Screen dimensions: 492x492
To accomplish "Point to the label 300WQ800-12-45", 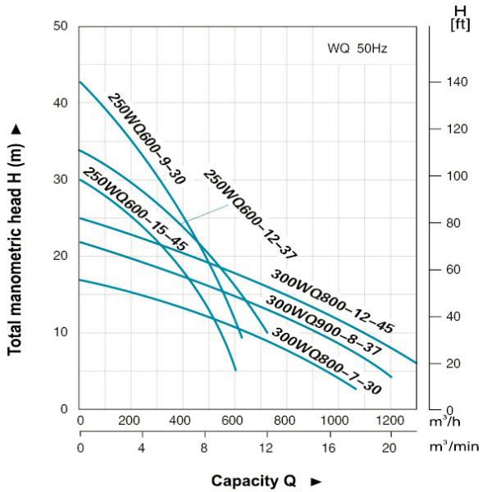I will (x=332, y=301).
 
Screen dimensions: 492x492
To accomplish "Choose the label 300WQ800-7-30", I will (x=326, y=362).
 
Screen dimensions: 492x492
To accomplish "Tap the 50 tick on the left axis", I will (x=61, y=26).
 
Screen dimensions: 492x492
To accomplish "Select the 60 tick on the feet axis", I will (x=453, y=270).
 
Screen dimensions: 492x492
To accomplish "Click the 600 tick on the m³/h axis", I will (x=235, y=421).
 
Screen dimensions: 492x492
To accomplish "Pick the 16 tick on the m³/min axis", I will (x=328, y=448).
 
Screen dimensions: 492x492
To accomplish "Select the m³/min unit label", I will (x=455, y=447).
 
